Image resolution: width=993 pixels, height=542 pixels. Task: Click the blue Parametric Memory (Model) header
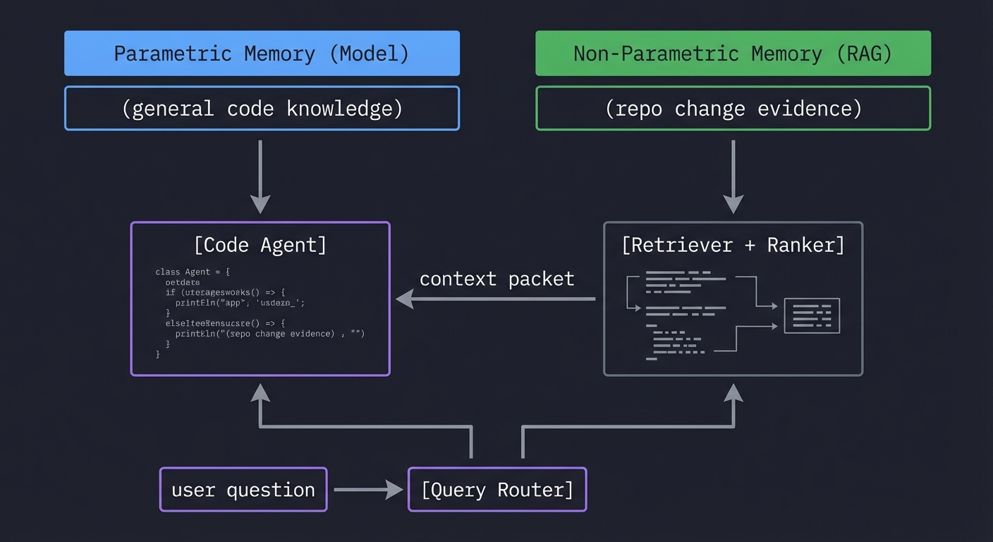click(x=262, y=53)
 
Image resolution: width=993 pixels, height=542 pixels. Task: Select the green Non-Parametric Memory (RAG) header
click(x=733, y=53)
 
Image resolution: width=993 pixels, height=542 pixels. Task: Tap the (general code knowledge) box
click(x=262, y=109)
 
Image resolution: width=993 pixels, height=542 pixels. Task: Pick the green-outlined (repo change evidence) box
click(x=733, y=109)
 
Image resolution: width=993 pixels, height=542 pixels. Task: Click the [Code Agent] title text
click(x=260, y=245)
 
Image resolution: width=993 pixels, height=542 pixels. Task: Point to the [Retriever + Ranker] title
click(x=733, y=245)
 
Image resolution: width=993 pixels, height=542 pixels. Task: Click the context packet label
click(x=496, y=279)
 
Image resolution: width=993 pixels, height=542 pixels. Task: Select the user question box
click(x=243, y=489)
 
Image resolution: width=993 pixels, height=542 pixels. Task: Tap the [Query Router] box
click(x=497, y=489)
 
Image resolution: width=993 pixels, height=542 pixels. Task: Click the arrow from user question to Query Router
click(x=367, y=489)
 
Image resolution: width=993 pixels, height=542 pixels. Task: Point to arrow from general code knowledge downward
click(x=260, y=176)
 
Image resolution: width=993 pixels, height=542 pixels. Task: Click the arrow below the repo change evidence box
click(x=733, y=176)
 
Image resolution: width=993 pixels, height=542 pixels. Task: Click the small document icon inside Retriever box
click(x=812, y=315)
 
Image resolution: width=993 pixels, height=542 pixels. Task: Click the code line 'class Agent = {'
click(x=193, y=272)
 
